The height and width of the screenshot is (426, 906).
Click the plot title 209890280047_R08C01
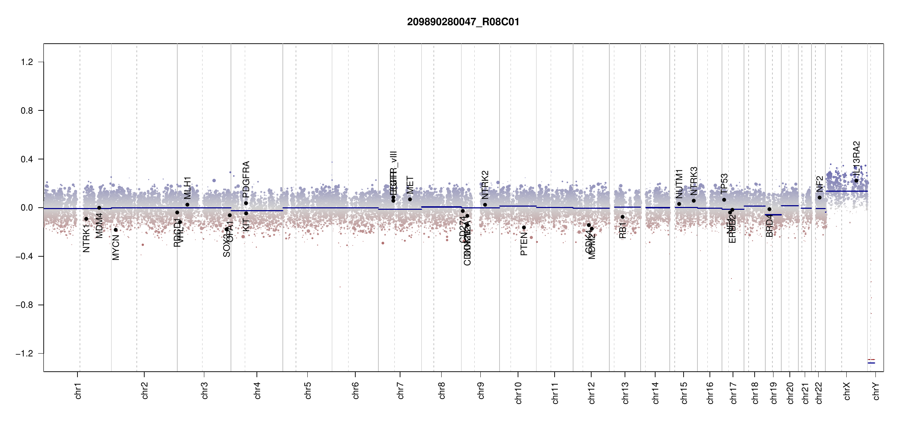click(463, 22)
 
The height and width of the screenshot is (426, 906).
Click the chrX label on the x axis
click(847, 391)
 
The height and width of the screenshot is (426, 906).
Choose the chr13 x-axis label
click(625, 393)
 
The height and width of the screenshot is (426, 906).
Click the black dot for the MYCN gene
click(115, 230)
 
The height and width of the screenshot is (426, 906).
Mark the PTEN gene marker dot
click(524, 228)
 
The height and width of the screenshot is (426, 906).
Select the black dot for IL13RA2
click(856, 181)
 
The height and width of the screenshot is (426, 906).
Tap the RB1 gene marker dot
click(622, 217)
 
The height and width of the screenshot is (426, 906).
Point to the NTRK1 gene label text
click(86, 238)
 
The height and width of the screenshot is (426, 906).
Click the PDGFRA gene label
click(246, 179)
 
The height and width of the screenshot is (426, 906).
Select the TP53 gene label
click(724, 184)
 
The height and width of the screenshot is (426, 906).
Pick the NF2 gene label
click(819, 184)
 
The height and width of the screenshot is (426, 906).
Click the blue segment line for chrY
click(871, 363)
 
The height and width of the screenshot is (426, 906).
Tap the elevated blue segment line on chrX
click(847, 191)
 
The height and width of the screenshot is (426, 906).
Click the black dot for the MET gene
click(410, 200)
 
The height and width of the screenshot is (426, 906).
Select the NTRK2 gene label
click(485, 185)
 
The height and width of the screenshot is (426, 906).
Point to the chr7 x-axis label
click(400, 390)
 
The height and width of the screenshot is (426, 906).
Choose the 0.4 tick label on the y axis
click(27, 159)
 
